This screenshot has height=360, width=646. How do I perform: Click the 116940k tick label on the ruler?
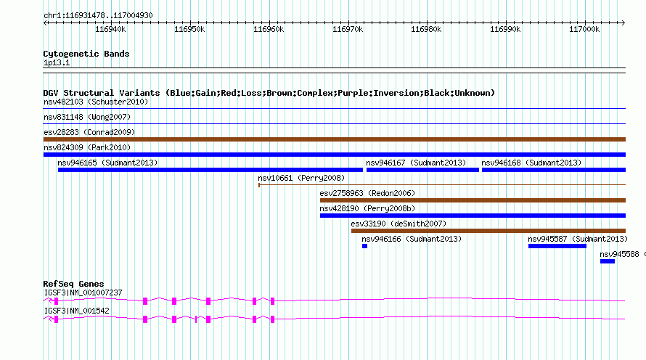pyautogui.click(x=110, y=29)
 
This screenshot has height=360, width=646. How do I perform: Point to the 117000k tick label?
pyautogui.click(x=584, y=29)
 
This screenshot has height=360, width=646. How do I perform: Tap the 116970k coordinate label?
pyautogui.click(x=348, y=29)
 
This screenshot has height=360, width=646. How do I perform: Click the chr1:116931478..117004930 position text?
pyautogui.click(x=98, y=15)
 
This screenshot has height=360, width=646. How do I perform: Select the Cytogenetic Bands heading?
pyautogui.click(x=86, y=54)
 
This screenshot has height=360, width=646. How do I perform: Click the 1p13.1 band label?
pyautogui.click(x=57, y=62)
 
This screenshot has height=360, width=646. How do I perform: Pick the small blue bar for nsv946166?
pyautogui.click(x=364, y=246)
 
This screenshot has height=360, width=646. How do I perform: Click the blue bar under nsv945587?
pyautogui.click(x=557, y=246)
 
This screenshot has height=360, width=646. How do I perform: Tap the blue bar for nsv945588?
pyautogui.click(x=608, y=261)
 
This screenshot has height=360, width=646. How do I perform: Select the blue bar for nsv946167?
pyautogui.click(x=422, y=170)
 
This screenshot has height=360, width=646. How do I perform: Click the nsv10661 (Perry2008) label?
pyautogui.click(x=301, y=178)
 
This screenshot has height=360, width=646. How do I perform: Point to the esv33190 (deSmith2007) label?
pyautogui.click(x=398, y=224)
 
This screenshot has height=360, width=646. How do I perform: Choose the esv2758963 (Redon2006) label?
pyautogui.click(x=367, y=193)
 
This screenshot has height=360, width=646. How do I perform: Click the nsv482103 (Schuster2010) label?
pyautogui.click(x=96, y=102)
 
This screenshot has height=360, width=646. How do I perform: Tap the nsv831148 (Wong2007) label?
pyautogui.click(x=87, y=117)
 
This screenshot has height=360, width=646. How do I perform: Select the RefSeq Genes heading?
pyautogui.click(x=73, y=284)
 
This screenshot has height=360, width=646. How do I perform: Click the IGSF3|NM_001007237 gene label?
pyautogui.click(x=83, y=292)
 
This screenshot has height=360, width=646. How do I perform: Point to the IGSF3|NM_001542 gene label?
pyautogui.click(x=77, y=311)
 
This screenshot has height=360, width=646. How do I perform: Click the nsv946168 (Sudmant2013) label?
pyautogui.click(x=531, y=163)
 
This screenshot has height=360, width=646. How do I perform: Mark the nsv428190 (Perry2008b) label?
pyautogui.click(x=367, y=208)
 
